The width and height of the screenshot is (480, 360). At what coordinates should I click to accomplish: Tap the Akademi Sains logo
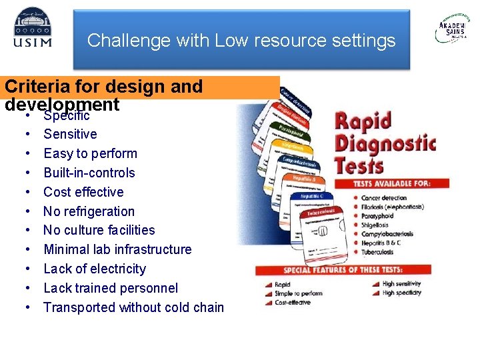coord(451,29)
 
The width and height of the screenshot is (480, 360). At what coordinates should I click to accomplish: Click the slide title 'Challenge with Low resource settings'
coord(241,41)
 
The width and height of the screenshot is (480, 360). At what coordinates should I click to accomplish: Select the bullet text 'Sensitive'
coord(70,134)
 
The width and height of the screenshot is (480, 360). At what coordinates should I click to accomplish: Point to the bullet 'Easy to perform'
coord(90,153)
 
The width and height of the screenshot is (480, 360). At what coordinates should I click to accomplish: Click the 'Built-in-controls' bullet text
coord(89,173)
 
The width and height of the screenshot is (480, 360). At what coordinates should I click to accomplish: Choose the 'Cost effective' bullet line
coord(83,192)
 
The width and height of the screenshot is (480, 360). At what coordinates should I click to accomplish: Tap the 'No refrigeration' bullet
coord(89,211)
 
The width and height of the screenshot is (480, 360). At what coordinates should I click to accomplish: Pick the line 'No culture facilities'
coord(99,230)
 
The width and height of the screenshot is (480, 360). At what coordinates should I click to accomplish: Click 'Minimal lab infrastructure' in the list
coord(117,249)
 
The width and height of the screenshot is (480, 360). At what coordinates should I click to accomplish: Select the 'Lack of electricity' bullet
coord(94,269)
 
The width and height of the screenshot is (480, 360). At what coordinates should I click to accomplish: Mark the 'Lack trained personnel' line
coord(111,288)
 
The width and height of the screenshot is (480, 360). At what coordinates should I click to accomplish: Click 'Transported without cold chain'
coord(133,307)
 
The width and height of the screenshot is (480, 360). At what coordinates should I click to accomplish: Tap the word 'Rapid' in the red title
coord(363,122)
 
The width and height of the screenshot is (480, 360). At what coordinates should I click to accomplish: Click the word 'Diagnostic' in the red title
coord(385,143)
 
